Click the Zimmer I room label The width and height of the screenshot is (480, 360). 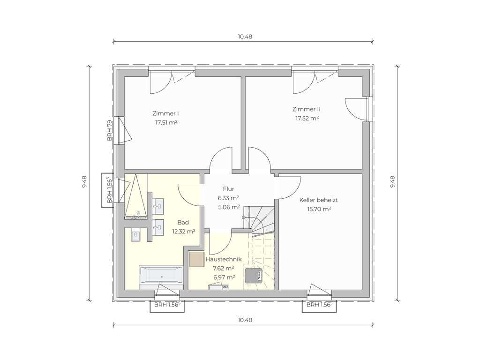[x=165, y=113]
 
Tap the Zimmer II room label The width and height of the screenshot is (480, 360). [x=307, y=109]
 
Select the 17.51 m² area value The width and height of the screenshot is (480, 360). [x=166, y=123]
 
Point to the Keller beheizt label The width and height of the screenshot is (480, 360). [x=318, y=200]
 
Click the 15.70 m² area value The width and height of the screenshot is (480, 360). [x=319, y=210]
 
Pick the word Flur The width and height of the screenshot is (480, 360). [x=228, y=189]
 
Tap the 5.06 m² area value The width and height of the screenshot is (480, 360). [x=229, y=207]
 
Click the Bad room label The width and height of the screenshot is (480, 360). [x=183, y=222]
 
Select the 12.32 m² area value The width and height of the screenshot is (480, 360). [x=184, y=232]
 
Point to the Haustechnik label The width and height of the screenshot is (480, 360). [x=224, y=259]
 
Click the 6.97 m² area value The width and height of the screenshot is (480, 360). [x=224, y=277]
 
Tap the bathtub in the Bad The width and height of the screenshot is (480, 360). [x=161, y=275]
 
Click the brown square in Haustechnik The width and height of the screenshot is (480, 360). [x=197, y=260]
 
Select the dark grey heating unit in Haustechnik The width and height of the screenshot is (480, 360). [x=253, y=275]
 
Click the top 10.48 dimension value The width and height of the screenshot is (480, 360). [x=245, y=37]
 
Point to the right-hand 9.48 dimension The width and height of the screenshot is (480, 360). [x=393, y=182]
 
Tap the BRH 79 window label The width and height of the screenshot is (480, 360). [x=110, y=131]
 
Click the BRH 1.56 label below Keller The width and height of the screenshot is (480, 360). [x=319, y=305]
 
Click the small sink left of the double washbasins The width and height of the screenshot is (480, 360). [x=136, y=237]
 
